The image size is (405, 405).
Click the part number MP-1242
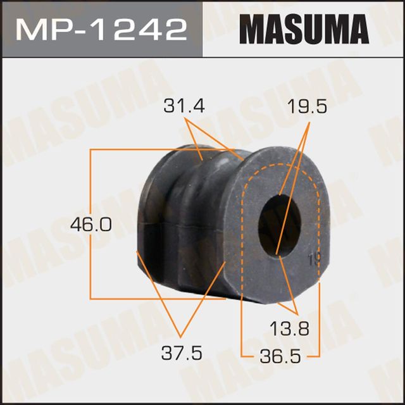point(101,28)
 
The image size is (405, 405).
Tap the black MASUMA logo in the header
point(303,28)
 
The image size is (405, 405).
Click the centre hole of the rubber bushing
point(279,225)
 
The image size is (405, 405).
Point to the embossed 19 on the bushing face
point(311,259)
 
